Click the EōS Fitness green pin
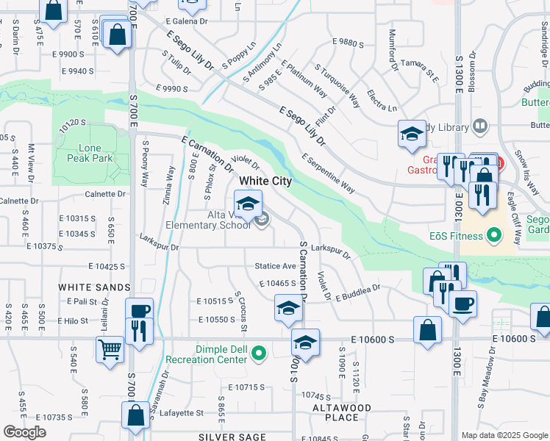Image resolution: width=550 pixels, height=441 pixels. pyautogui.click(x=494, y=236)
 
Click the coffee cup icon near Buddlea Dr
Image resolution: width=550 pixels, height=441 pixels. pyautogui.click(x=463, y=304)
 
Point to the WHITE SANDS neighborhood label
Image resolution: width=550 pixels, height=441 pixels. pyautogui.click(x=94, y=287)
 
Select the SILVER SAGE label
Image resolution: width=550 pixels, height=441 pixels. pyautogui.click(x=232, y=437)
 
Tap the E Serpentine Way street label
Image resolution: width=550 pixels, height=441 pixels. pyautogui.click(x=329, y=174)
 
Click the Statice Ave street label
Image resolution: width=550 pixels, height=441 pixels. pyautogui.click(x=275, y=266)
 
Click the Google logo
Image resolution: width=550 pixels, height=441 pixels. pyautogui.click(x=24, y=432)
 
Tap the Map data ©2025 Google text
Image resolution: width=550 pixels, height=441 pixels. pyautogui.click(x=504, y=435)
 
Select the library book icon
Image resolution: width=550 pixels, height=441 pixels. pyautogui.click(x=479, y=126)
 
